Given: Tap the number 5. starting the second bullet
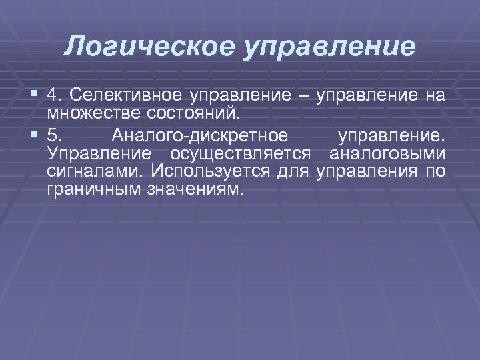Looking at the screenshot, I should pyautogui.click(x=55, y=137).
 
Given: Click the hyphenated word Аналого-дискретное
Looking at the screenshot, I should pyautogui.click(x=200, y=137).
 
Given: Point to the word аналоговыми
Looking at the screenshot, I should pyautogui.click(x=387, y=154).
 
